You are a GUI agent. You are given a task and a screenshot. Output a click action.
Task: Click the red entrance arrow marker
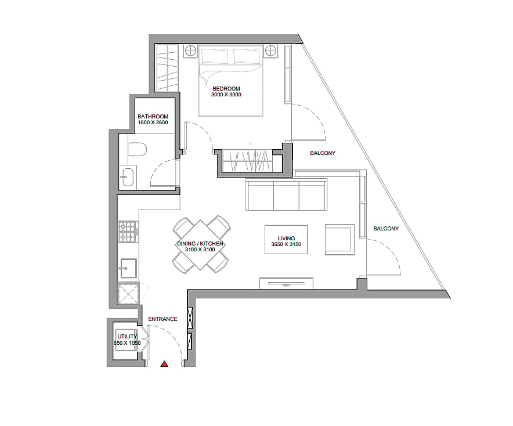pyautogui.click(x=164, y=364)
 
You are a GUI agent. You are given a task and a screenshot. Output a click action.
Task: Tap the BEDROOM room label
pyautogui.click(x=226, y=88)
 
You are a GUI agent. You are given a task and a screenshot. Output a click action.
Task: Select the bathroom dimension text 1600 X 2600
pyautogui.click(x=153, y=122)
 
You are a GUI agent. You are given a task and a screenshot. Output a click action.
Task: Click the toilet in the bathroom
pyautogui.click(x=137, y=150)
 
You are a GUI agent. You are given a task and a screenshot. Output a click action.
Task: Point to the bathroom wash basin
pyautogui.click(x=127, y=177)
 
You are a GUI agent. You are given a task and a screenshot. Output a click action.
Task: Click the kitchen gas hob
pyautogui.click(x=127, y=232)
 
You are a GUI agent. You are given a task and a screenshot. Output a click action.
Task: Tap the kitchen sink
pyautogui.click(x=128, y=268)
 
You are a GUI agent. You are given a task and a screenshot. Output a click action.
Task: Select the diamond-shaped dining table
pyautogui.click(x=201, y=244)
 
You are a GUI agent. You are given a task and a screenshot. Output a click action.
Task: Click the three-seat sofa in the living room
pyautogui.click(x=286, y=194)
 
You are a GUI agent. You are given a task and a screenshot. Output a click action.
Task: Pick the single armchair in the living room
pyautogui.click(x=339, y=240)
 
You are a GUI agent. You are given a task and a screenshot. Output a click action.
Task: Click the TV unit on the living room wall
pyautogui.click(x=286, y=283)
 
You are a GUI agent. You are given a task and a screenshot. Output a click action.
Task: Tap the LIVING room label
pyautogui.click(x=286, y=238)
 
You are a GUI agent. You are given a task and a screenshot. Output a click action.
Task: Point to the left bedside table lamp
pyautogui.click(x=190, y=50)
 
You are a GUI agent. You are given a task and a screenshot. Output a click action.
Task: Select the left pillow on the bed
pyautogui.click(x=215, y=56)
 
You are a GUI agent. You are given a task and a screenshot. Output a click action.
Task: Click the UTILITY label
pyautogui.click(x=127, y=337)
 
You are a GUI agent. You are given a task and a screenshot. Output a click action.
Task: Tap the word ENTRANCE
pyautogui.click(x=162, y=319)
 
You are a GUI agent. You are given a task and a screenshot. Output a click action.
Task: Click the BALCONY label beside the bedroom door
pyautogui.click(x=323, y=153)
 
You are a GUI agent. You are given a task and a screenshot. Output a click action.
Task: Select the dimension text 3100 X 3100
pyautogui.click(x=200, y=250)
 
